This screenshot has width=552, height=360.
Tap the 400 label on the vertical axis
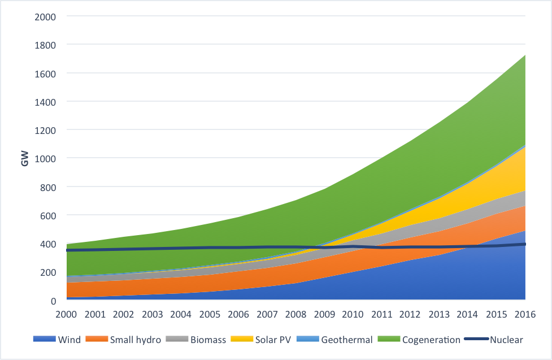click(49, 244)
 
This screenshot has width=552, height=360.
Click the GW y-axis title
click(25, 158)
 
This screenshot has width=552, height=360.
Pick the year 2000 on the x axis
click(67, 314)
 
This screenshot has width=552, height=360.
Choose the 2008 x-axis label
click(296, 314)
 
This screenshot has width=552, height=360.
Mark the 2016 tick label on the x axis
click(525, 314)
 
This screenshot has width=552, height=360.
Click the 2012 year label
click(411, 314)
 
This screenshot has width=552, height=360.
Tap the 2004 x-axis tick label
click(181, 314)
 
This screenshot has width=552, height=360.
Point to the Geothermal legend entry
click(347, 340)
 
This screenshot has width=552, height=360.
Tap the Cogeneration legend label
click(431, 340)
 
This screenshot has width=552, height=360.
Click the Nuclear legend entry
click(506, 340)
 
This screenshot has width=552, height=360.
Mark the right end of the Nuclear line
click(525, 244)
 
